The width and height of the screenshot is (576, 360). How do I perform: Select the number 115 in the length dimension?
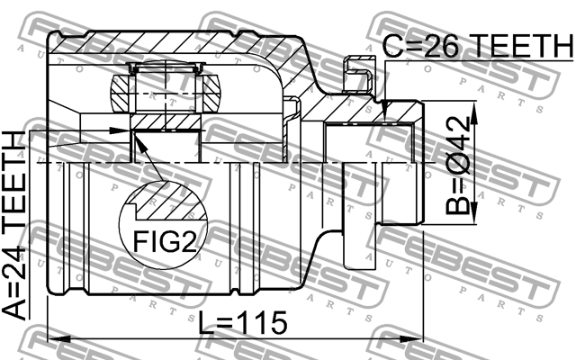pos(264,321)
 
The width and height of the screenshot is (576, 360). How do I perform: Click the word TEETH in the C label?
pos(524,45)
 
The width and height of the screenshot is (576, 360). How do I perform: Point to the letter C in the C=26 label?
pos(393,45)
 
